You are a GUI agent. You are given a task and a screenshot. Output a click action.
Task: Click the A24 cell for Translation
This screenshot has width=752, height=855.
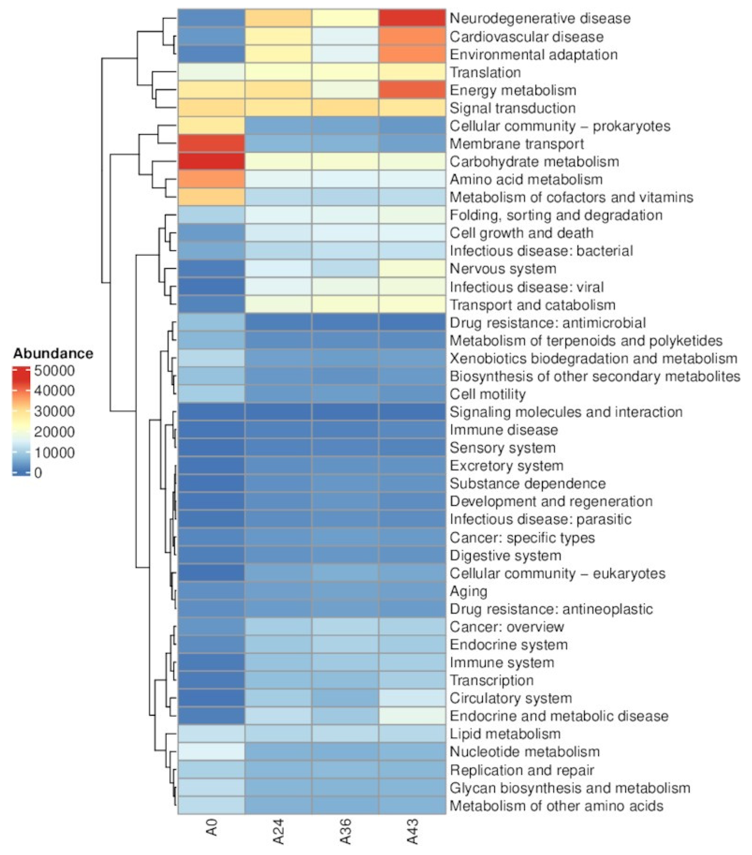278,72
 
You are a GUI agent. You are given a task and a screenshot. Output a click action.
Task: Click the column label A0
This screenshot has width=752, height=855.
212,827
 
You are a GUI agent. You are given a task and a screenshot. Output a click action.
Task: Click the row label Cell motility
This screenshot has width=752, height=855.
487,394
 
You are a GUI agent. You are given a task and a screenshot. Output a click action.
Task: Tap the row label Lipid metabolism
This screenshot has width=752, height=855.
505,734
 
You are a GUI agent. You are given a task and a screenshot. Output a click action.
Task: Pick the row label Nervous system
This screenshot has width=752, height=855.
503,269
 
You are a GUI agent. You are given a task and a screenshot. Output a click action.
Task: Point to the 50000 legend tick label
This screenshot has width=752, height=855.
54,371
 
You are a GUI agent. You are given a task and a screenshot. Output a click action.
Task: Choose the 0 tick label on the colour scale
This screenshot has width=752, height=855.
38,473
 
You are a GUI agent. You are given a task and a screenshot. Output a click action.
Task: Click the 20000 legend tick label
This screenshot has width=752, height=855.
54,432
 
